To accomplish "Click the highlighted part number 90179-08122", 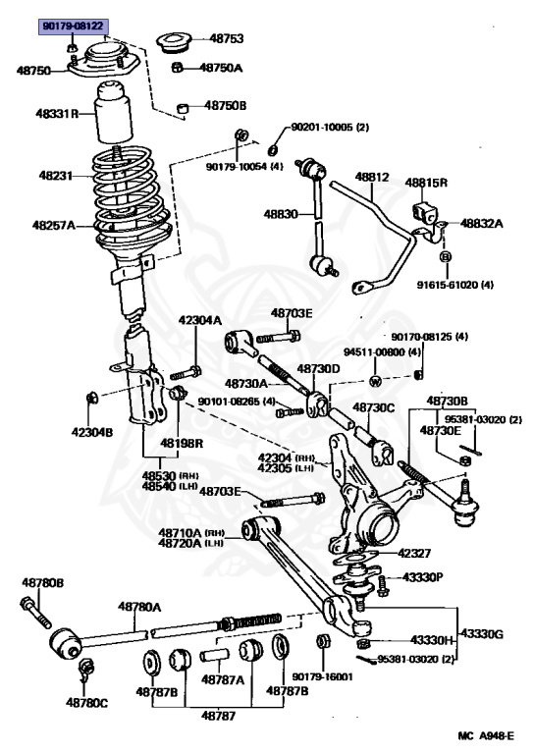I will (x=72, y=26).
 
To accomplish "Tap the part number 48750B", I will (x=226, y=105).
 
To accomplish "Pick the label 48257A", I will (x=53, y=225).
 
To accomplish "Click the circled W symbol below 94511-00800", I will (x=375, y=381).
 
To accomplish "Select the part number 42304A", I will (x=199, y=320).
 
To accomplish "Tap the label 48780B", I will (x=42, y=582).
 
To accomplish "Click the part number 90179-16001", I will (x=321, y=676).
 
